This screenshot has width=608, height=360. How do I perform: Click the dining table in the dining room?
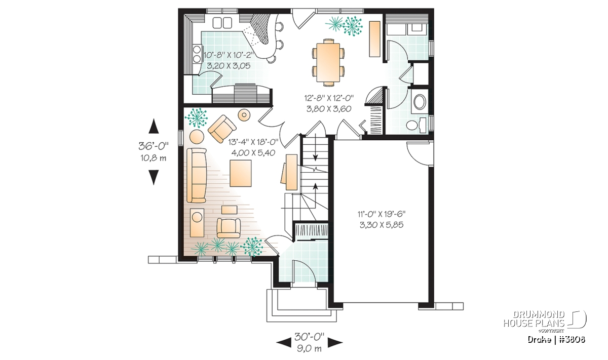(329, 62)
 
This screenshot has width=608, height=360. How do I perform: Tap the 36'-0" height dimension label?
(154, 146)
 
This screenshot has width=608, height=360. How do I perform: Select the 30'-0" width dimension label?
(309, 337)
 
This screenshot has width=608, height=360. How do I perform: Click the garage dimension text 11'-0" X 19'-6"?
(382, 214)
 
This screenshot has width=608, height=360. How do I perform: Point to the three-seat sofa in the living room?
(197, 175)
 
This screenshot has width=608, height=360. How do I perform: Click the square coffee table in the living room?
(241, 173)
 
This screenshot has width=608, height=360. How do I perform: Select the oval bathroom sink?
(420, 102)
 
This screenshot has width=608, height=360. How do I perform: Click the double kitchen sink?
(222, 22)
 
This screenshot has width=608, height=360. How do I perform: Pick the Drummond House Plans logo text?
(534, 319)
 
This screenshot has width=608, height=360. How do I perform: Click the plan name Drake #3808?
(556, 340)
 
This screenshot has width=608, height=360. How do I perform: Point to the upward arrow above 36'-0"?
(154, 126)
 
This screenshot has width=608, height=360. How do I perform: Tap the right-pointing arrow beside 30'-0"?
(335, 342)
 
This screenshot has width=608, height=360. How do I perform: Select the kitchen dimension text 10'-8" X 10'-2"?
(229, 55)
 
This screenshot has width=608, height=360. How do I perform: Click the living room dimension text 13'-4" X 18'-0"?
(253, 142)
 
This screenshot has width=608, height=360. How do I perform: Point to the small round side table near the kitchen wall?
(244, 115)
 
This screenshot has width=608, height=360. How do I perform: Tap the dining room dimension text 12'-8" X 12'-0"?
(329, 98)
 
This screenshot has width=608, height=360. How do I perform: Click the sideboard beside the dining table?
(374, 39)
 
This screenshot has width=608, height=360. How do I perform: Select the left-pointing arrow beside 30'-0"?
(284, 342)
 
